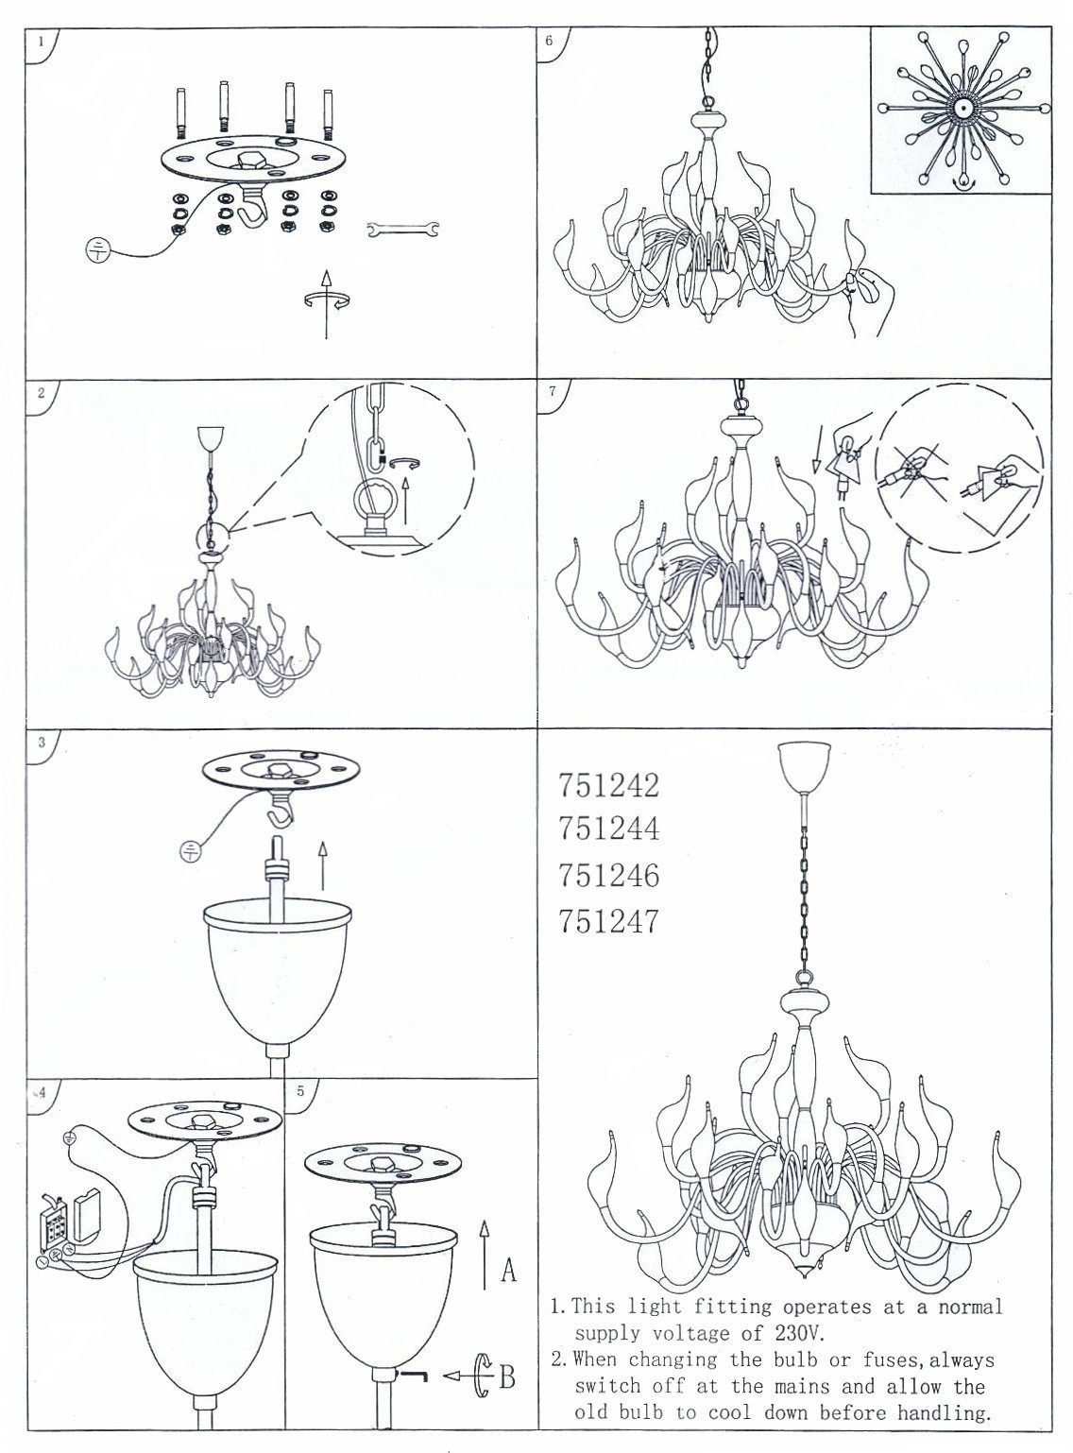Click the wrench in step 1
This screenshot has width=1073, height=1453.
click(x=402, y=230)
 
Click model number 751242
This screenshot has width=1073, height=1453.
click(x=608, y=784)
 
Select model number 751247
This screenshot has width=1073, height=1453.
click(x=608, y=921)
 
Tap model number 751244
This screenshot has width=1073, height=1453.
click(x=608, y=829)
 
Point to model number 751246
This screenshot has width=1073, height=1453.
click(x=608, y=876)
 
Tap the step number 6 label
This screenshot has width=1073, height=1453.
click(x=549, y=41)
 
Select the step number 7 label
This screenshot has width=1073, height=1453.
click(x=552, y=391)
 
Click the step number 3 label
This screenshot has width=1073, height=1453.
click(x=42, y=743)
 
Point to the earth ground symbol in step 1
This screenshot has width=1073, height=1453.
click(x=96, y=251)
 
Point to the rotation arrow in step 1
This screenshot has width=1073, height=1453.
click(x=326, y=301)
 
